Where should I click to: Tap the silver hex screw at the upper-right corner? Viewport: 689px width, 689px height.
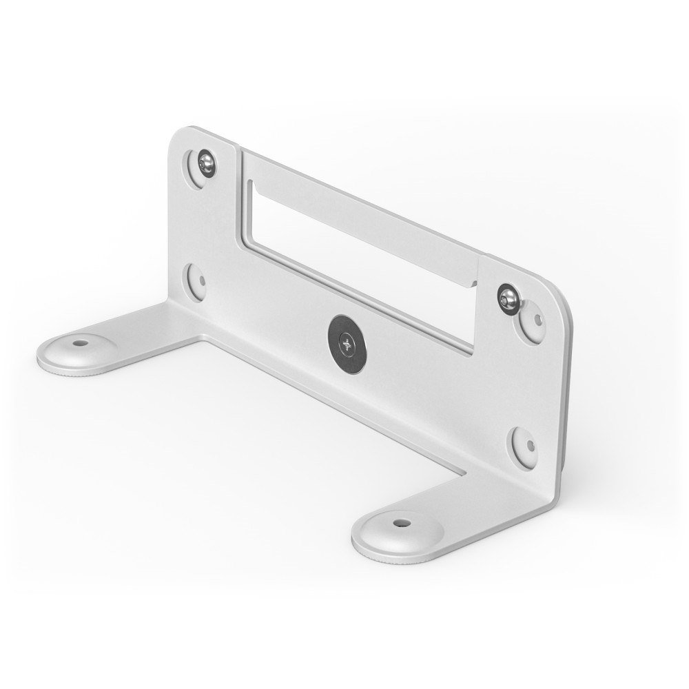point(508,296)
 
